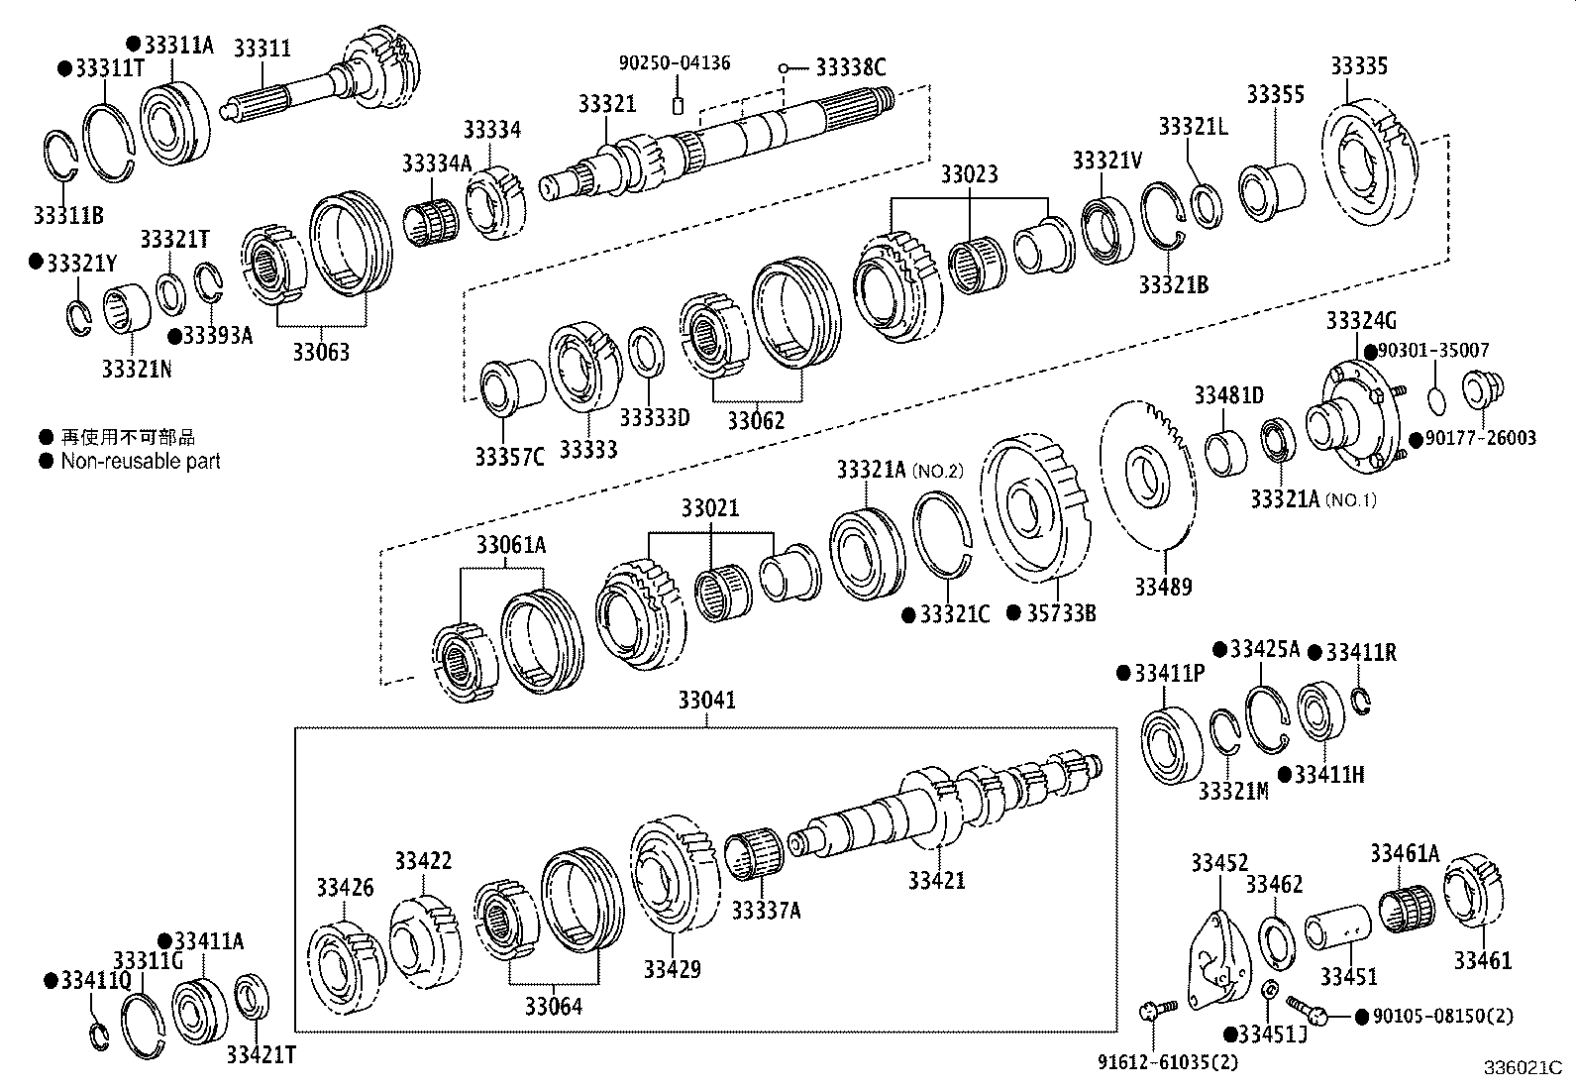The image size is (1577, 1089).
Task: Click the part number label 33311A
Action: (x=179, y=46)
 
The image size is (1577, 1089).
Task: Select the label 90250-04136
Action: (x=675, y=63)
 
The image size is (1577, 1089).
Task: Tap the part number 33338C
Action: (x=850, y=67)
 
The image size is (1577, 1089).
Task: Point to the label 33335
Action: (x=1358, y=66)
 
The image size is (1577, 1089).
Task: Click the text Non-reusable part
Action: (x=141, y=462)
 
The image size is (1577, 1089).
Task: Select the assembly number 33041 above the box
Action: (x=706, y=701)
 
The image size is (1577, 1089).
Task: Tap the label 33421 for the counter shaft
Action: (x=936, y=880)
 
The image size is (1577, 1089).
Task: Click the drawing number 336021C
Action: (x=1522, y=1069)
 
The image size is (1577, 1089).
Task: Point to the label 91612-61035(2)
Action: (x=1167, y=1062)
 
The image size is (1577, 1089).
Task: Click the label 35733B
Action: (x=1060, y=613)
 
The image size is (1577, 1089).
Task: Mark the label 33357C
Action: (x=509, y=457)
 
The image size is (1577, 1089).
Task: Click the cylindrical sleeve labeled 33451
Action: (x=1334, y=932)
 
